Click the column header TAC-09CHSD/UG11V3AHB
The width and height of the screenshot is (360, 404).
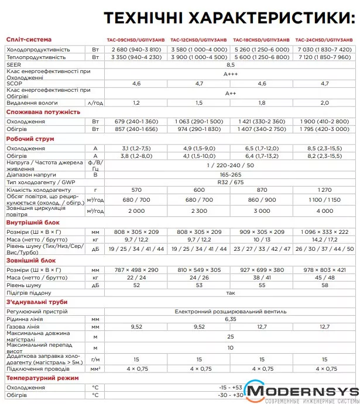136,40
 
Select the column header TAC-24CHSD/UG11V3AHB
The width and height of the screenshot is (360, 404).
325,40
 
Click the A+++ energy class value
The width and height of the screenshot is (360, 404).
230,74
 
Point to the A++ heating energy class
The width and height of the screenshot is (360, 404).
230,93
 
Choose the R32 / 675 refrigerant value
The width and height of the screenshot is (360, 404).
230,182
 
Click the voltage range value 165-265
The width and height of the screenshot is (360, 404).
230,175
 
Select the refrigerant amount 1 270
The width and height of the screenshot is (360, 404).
325,190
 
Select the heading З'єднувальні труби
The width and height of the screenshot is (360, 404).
35,302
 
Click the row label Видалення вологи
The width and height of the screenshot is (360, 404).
31,102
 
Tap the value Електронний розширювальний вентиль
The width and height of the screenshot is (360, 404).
230,312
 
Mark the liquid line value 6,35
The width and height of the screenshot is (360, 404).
230,320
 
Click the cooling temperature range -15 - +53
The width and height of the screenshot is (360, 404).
230,388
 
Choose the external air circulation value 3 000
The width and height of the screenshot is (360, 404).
262,210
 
